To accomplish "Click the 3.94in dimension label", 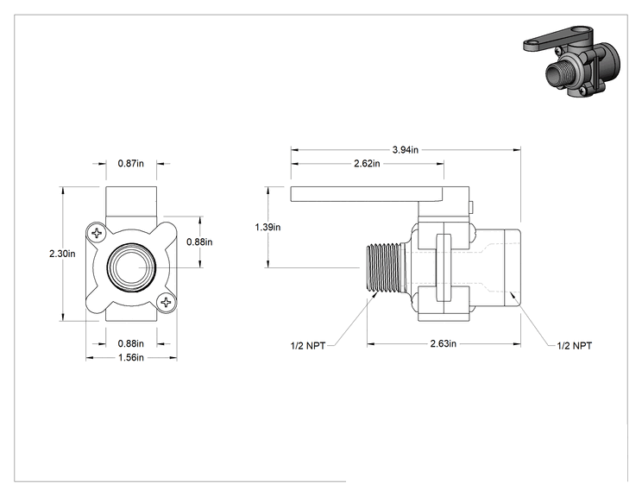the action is [x=406, y=150].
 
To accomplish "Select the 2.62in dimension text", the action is [x=367, y=164].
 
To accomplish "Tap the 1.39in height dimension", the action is [x=267, y=227].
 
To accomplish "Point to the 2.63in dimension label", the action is [x=443, y=343].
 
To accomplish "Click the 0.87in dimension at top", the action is [x=131, y=163].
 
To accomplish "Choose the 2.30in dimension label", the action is [x=62, y=254].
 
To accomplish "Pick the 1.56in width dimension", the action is [x=131, y=358].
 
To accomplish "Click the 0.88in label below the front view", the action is [x=131, y=343].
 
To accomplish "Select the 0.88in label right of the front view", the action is [x=199, y=242].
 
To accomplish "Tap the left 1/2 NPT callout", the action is [x=308, y=346].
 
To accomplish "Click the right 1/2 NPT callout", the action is [x=575, y=346].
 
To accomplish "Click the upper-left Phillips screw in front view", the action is [x=97, y=233].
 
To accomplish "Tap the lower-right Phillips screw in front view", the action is [x=166, y=303].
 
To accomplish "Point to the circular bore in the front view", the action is [x=131, y=267].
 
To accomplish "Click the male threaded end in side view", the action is [x=384, y=268].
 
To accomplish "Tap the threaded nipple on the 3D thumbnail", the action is [x=556, y=74].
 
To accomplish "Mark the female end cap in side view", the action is [x=513, y=268].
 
